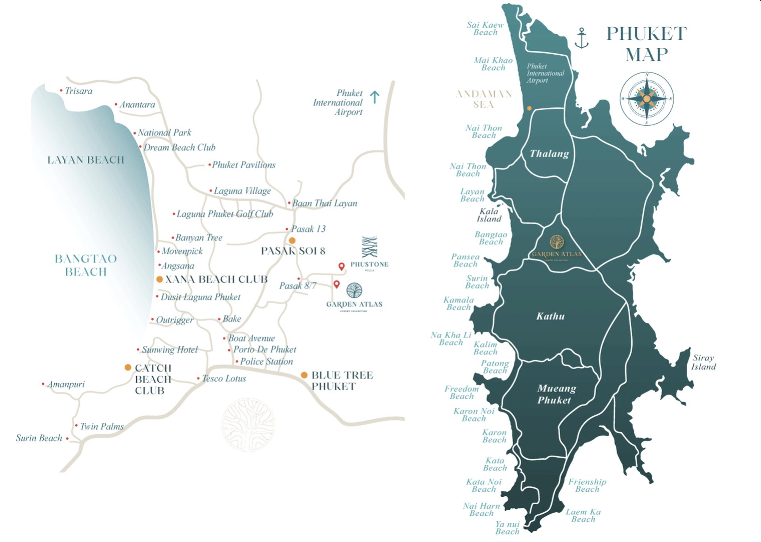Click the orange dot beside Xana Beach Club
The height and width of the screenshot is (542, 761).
(x=159, y=279)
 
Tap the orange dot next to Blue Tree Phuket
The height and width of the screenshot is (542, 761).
(x=304, y=375)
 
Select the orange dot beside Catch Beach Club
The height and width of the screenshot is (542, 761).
(x=128, y=367)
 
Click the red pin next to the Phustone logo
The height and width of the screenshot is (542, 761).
(x=341, y=267)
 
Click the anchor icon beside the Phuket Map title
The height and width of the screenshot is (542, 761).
(x=581, y=38)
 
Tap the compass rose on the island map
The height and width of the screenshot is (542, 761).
(x=646, y=99)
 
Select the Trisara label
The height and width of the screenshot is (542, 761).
(x=78, y=91)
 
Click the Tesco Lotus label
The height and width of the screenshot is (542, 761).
(x=224, y=378)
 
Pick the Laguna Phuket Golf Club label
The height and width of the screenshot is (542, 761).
(x=225, y=214)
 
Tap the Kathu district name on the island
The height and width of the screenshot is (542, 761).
(x=550, y=316)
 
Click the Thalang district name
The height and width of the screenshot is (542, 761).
(x=549, y=154)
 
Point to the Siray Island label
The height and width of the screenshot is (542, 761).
(x=704, y=362)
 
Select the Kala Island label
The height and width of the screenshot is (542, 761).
(x=489, y=215)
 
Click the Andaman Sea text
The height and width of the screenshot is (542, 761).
(x=484, y=99)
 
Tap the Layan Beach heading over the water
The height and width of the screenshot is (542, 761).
(x=86, y=160)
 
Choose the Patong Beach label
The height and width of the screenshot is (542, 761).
(x=495, y=366)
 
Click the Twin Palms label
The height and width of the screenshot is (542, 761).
(x=102, y=426)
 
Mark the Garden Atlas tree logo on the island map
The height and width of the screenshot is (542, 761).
(x=557, y=242)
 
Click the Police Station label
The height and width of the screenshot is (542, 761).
(x=266, y=361)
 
